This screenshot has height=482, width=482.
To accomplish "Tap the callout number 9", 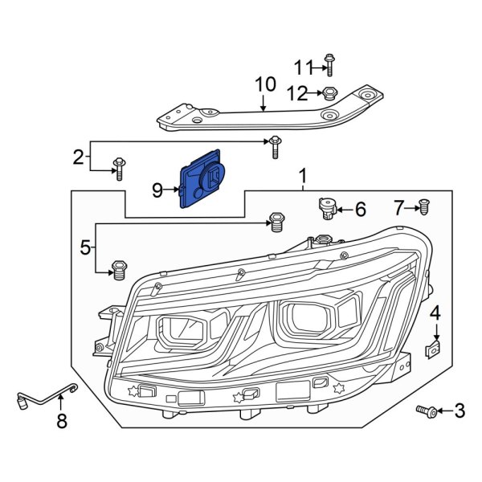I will coord(157,190).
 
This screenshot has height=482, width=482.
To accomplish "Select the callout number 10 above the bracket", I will coord(265,85).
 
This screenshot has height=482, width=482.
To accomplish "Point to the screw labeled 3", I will coord(426,411).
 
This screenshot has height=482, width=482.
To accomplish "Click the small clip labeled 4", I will coord(432,349).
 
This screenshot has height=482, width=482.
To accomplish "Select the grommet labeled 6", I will coord(326,209).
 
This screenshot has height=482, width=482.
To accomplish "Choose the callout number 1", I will coord(303,176).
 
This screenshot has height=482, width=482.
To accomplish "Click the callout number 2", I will coord(79,157).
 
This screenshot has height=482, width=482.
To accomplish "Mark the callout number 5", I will coord(86,248).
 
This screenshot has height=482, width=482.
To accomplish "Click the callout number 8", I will coord(62,422).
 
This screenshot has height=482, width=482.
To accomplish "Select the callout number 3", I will coord(459,412).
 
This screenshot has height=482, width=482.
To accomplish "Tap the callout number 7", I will coord(399,209).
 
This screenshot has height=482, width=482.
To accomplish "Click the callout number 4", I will coord(435,312).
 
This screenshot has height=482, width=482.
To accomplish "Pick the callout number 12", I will coord(298,93).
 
